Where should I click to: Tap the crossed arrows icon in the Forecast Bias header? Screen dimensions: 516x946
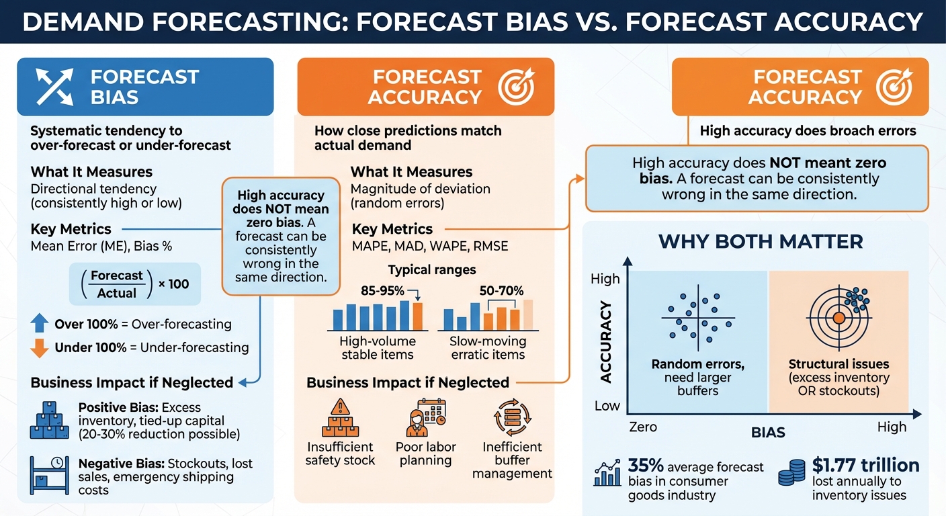pos(55,87)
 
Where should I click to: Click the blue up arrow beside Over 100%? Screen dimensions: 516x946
pos(40,324)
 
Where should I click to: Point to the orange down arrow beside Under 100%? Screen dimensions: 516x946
pos(40,348)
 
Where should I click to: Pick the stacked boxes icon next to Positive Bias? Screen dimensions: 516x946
pos(50,421)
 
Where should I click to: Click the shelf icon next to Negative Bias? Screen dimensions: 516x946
pos(50,474)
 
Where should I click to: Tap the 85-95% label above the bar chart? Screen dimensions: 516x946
pos(382,291)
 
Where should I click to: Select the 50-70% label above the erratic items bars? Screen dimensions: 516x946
pos(501,291)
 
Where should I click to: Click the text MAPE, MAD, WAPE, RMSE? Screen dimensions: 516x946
pos(430,247)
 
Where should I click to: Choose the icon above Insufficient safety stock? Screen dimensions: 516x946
pos(341,417)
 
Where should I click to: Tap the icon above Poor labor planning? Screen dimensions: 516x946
pos(425,417)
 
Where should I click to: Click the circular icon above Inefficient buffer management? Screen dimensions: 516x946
pos(512,417)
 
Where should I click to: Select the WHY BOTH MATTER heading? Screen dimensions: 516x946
pos(761,241)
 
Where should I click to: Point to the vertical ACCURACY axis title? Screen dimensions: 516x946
pos(606,343)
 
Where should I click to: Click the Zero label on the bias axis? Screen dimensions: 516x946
pos(643,427)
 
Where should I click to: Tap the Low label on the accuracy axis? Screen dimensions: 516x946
pos(607,406)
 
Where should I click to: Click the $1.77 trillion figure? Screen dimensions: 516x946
pos(865,465)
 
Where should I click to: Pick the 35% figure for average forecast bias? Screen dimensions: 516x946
pos(646,466)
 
